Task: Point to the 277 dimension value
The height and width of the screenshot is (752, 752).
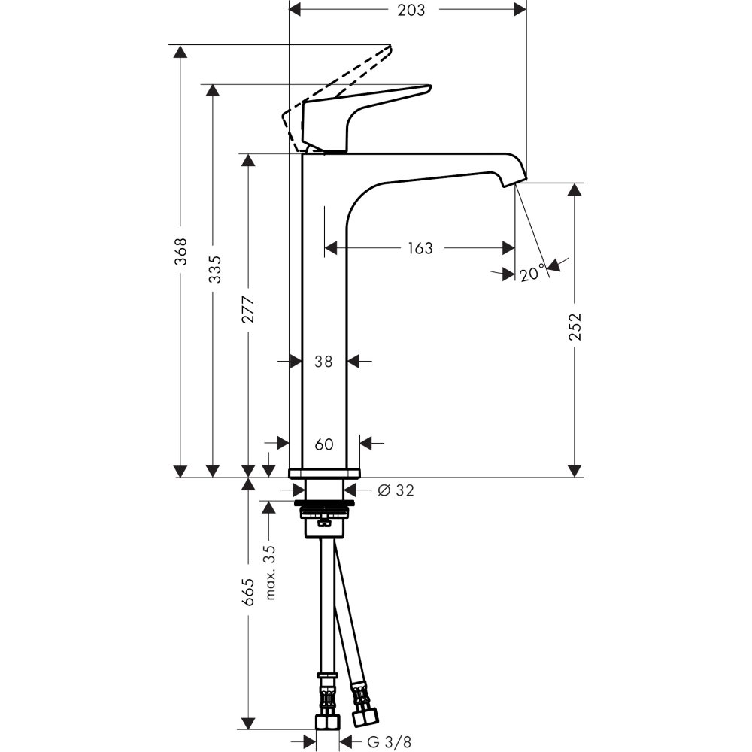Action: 249,310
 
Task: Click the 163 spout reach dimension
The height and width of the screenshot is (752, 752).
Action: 420,248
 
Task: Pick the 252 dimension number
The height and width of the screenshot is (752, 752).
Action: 575,326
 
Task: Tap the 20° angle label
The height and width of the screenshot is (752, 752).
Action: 531,274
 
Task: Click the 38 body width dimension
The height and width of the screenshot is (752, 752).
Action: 323,362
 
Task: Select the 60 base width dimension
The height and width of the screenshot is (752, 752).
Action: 323,444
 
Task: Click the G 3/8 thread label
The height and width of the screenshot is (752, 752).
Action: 390,742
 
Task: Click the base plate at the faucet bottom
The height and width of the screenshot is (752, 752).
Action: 324,473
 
